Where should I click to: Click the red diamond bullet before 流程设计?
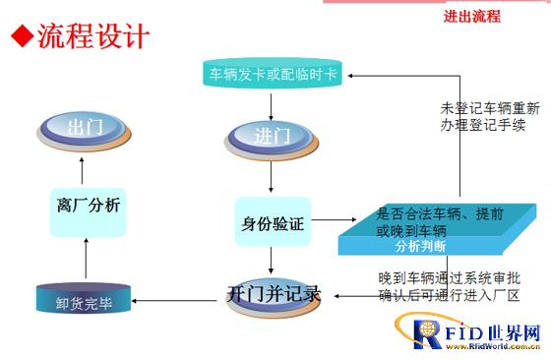(x=22, y=35)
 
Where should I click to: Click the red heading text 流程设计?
(x=93, y=35)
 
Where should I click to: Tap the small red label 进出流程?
(x=472, y=16)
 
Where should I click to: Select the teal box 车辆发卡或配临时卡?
(x=273, y=73)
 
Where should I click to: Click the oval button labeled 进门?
(x=272, y=139)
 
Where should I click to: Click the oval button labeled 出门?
(x=84, y=131)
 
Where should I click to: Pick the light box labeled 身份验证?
(x=274, y=221)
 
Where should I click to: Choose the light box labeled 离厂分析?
(x=89, y=212)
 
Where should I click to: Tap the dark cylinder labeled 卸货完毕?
(x=84, y=299)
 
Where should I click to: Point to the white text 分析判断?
(x=421, y=246)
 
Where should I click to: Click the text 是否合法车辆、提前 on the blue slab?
(x=440, y=213)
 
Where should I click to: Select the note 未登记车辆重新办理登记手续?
(x=490, y=117)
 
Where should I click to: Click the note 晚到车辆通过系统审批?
(x=450, y=278)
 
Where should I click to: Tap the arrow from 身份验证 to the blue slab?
(x=334, y=220)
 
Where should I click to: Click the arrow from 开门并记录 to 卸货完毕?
(x=174, y=301)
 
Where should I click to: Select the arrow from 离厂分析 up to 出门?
(x=82, y=171)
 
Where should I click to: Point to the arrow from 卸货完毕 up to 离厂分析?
(x=87, y=258)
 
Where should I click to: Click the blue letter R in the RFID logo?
(x=427, y=334)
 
